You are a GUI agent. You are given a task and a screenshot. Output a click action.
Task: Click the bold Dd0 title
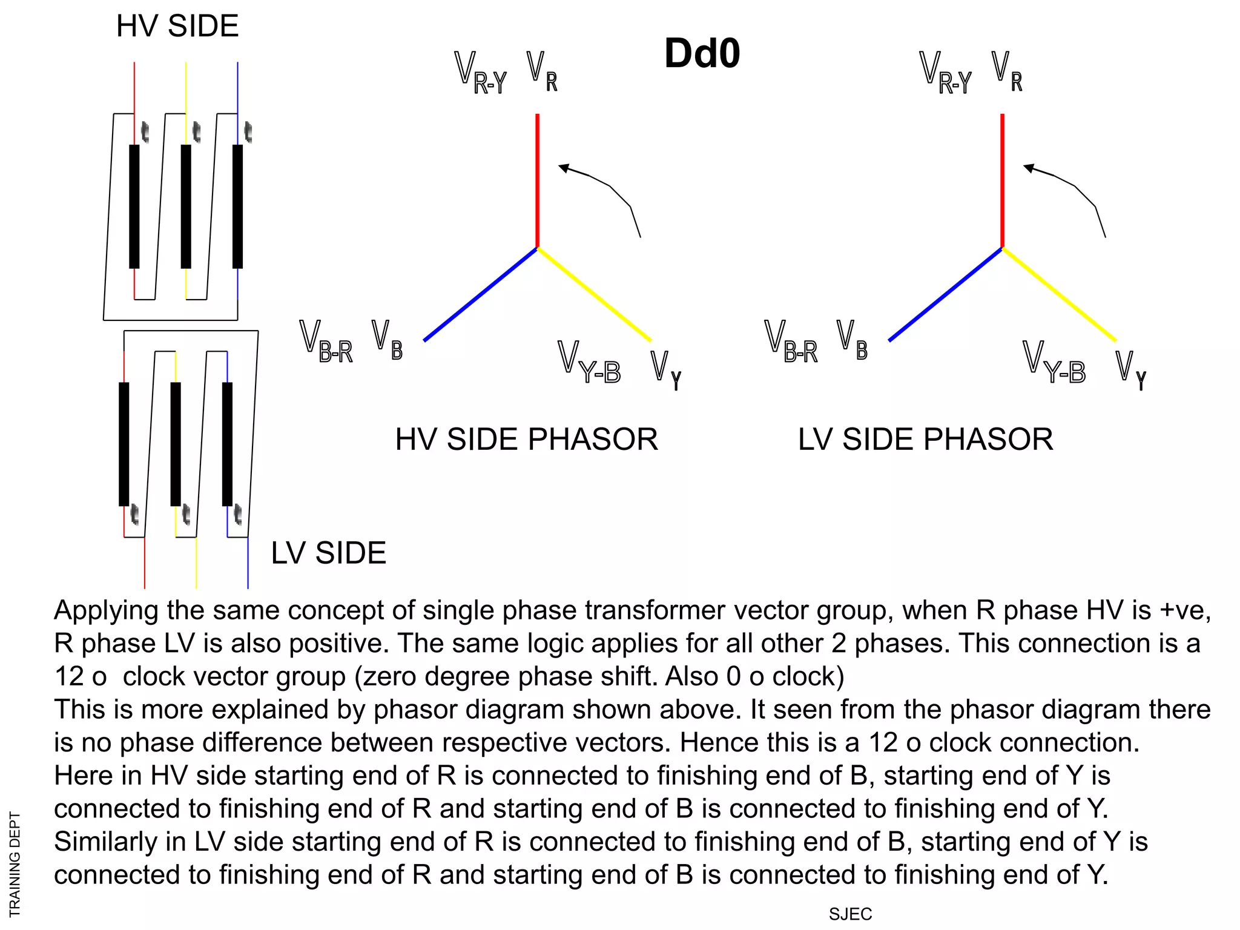click(702, 53)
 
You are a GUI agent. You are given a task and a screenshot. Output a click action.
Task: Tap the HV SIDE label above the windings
click(177, 26)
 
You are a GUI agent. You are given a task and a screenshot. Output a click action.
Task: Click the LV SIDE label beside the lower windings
click(328, 553)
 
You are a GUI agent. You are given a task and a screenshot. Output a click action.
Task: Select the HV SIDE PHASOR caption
click(526, 440)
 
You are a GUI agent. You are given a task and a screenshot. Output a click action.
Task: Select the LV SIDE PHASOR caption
click(925, 440)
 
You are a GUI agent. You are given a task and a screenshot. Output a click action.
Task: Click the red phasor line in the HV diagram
click(537, 182)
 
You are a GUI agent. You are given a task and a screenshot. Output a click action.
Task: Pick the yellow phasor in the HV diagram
click(593, 294)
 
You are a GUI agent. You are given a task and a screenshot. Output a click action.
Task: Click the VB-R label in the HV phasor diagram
click(326, 342)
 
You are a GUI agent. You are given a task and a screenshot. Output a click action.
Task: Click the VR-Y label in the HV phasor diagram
click(480, 73)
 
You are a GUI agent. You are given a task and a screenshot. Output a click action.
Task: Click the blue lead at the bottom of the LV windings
click(248, 563)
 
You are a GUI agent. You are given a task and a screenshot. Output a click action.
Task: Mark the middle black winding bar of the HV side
click(186, 206)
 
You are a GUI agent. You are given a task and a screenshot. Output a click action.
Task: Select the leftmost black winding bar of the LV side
click(124, 444)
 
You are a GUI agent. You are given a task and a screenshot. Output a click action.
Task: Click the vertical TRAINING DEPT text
click(15, 864)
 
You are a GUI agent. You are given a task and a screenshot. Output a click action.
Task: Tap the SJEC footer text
click(850, 914)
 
